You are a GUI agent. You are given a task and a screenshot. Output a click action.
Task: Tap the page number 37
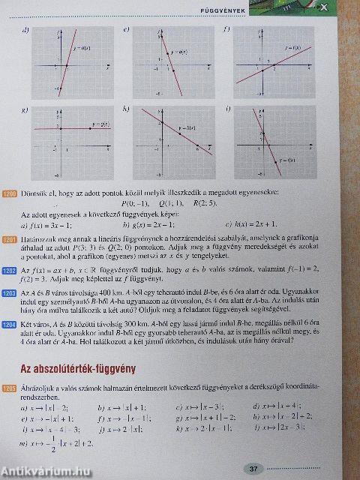253,469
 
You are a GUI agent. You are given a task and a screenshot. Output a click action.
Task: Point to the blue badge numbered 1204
10,324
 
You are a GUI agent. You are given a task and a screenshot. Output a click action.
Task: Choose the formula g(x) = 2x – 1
148,223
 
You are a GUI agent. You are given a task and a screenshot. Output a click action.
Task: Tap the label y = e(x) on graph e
178,52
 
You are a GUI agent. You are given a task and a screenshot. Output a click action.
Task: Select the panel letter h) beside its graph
126,110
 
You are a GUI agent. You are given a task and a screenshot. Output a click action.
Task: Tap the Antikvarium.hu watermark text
46,472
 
